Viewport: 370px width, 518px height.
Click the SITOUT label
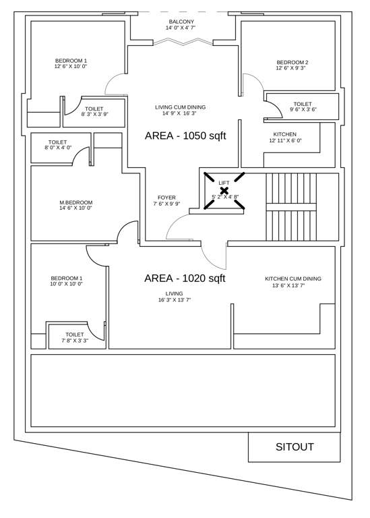pos(294,447)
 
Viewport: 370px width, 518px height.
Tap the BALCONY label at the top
pos(181,22)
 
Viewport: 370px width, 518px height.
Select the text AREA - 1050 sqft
pos(185,136)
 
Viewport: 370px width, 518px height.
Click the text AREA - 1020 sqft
pos(185,278)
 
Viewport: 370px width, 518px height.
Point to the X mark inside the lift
pos(224,191)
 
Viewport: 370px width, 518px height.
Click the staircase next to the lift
pos(292,206)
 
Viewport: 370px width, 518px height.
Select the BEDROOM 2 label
pos(292,62)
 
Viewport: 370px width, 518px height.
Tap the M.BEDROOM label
pos(75,202)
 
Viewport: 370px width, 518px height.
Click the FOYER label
pos(166,198)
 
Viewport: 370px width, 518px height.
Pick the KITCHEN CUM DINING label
pos(292,279)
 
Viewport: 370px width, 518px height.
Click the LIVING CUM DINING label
pos(180,107)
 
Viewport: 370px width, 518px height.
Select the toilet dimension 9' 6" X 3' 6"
pos(303,110)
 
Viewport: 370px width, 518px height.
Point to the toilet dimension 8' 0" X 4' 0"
pos(58,148)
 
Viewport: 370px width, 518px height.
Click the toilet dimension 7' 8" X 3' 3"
pos(75,341)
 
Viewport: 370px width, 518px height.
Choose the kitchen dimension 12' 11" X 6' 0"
pos(285,141)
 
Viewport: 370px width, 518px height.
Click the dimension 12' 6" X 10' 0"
pos(71,67)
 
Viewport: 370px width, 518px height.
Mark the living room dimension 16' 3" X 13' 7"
pos(175,299)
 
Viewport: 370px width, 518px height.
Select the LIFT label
pos(224,183)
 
